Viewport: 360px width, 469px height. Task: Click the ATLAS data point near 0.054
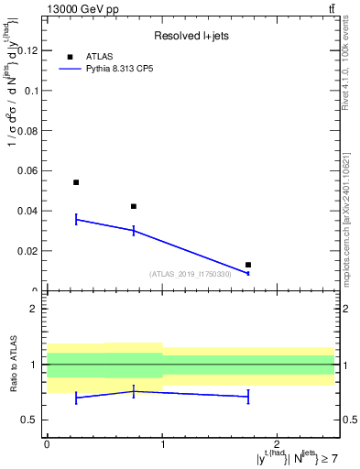76,182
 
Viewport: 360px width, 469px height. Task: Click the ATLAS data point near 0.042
134,206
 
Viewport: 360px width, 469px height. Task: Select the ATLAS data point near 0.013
248,265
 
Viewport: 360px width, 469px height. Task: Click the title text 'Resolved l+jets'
190,36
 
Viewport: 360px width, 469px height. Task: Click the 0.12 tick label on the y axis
30,50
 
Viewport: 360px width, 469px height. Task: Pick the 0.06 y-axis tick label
30,170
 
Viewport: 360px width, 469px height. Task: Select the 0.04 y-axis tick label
30,211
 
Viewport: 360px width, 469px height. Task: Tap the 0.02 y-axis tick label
30,250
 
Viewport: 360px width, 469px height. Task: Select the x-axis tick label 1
162,443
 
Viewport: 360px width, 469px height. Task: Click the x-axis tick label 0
47,443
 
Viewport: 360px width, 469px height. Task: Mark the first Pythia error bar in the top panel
76,219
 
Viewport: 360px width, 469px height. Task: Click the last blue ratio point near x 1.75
248,397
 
